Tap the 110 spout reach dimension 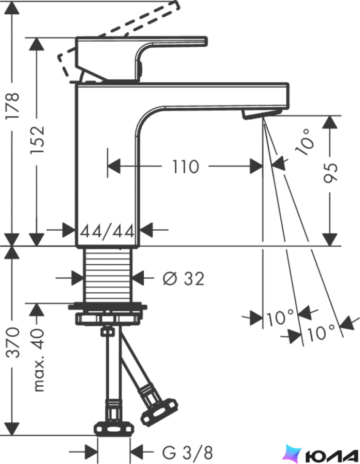185,166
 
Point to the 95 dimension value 330,173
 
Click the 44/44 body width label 107,231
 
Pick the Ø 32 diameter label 183,278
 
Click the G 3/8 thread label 188,452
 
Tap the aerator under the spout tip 261,113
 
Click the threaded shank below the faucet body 107,275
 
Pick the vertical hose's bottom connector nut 113,429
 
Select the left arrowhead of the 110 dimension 114,166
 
